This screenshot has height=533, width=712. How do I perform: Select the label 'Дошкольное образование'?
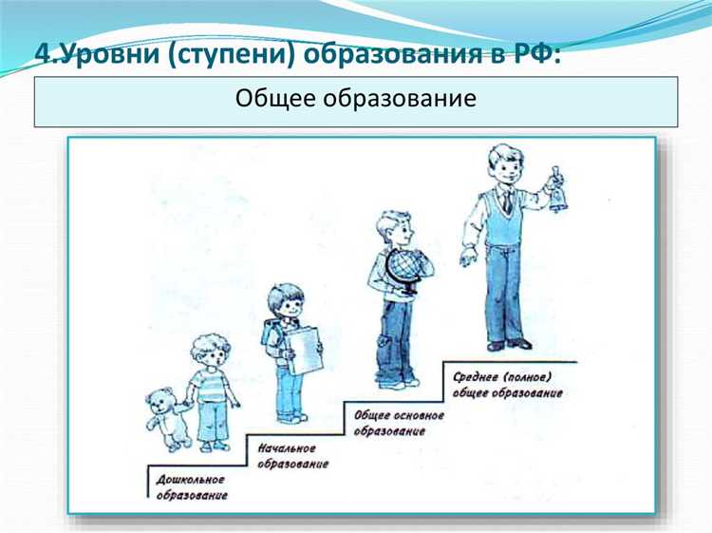coord(191,486)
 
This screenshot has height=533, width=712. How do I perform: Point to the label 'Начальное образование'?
coord(293,455)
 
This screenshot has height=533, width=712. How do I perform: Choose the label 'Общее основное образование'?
coord(398,422)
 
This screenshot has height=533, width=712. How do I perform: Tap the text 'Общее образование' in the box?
coord(356,99)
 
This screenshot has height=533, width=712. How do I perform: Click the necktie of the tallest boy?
coord(509,201)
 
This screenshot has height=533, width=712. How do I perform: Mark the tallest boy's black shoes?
coord(509,343)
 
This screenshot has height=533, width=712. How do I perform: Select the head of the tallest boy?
coord(503,165)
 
